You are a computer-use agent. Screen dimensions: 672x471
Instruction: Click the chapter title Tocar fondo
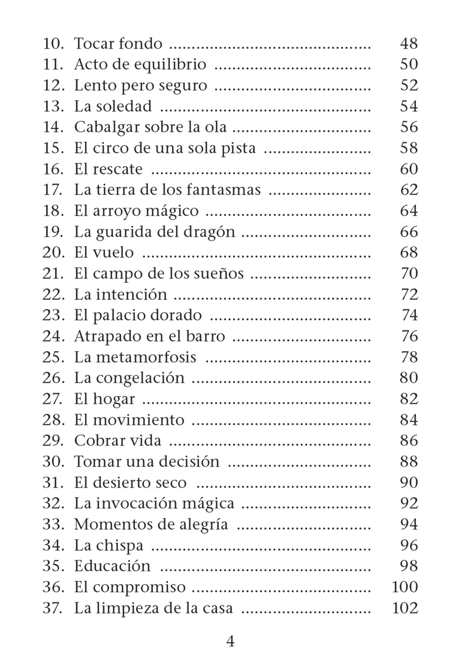(118, 43)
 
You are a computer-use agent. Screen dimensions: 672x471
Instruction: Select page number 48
(409, 43)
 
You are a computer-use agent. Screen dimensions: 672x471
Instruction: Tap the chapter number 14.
(53, 127)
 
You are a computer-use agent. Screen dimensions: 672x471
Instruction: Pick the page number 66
(409, 231)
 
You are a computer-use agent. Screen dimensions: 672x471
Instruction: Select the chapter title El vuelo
(104, 252)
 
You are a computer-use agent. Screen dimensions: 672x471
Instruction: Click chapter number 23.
(53, 315)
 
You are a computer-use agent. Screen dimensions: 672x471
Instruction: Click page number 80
(409, 378)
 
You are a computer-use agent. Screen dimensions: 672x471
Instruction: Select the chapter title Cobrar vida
(117, 441)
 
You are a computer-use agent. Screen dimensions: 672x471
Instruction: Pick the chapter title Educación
(112, 566)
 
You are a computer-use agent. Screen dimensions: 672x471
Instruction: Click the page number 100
(405, 587)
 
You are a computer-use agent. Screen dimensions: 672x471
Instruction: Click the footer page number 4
(230, 641)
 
